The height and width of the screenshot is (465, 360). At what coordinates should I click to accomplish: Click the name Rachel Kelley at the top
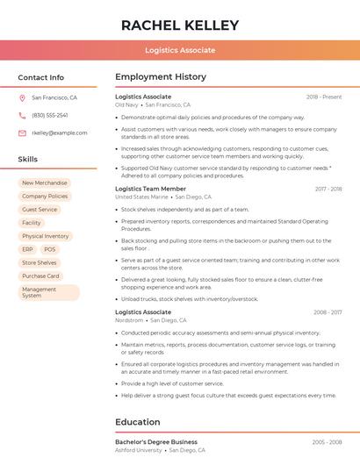(x=180, y=25)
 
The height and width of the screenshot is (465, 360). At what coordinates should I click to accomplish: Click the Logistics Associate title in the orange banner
(x=180, y=50)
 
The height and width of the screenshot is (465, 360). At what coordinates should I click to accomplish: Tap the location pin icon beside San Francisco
(x=22, y=98)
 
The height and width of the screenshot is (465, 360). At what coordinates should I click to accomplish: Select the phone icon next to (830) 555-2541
(x=22, y=115)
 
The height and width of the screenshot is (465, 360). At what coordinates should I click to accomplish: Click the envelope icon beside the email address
(x=22, y=132)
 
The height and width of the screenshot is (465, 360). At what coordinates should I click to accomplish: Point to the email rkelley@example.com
(x=60, y=132)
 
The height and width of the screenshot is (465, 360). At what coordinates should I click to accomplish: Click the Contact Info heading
(x=41, y=77)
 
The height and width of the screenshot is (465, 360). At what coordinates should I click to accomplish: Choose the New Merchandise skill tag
(x=45, y=183)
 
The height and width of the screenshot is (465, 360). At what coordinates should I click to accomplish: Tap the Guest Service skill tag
(x=40, y=210)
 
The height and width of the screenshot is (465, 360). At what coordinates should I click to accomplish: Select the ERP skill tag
(x=27, y=249)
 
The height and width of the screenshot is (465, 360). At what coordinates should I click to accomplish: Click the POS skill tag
(x=49, y=249)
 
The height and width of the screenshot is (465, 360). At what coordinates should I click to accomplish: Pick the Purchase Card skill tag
(x=40, y=275)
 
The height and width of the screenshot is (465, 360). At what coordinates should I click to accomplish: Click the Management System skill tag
(x=48, y=292)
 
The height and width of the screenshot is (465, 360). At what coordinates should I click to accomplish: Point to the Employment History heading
(x=161, y=77)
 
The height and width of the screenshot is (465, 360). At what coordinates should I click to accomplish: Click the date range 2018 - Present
(x=324, y=97)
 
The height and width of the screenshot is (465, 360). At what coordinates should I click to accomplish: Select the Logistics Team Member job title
(x=150, y=189)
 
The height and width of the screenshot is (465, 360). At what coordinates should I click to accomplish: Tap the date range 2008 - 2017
(x=328, y=312)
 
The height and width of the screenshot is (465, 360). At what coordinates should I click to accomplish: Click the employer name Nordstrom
(x=129, y=320)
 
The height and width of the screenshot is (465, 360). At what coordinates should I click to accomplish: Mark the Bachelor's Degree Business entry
(x=156, y=441)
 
